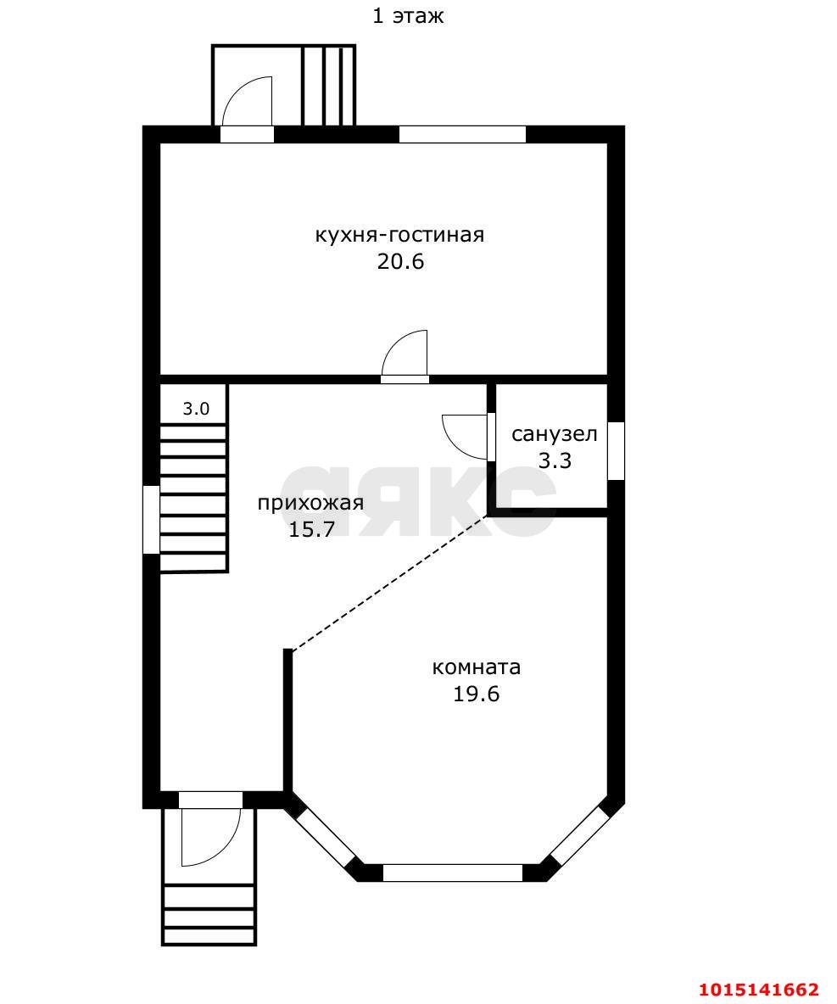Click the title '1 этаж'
point(408,16)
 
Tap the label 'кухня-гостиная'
point(399,235)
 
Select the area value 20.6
point(400,262)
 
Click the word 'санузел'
point(554,434)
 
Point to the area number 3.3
point(555,460)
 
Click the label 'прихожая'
point(310,504)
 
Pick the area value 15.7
point(312,529)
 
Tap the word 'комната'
point(477,668)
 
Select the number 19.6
point(477,694)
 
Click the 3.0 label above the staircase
point(196,409)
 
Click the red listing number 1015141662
point(759,990)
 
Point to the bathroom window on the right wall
point(616,451)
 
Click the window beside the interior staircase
point(151,519)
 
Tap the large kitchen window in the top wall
point(462,134)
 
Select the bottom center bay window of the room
point(453,873)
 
